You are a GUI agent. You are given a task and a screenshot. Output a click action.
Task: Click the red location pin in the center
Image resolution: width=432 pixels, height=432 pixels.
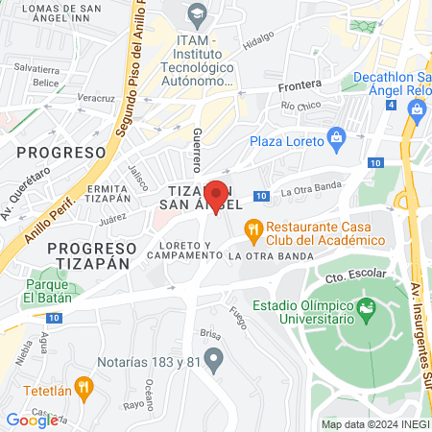click(x=217, y=198)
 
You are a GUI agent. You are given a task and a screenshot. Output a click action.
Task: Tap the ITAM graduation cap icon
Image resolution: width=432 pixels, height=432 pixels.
click(x=198, y=13)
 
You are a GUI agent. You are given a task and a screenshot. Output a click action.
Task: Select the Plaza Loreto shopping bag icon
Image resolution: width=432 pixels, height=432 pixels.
click(x=336, y=139)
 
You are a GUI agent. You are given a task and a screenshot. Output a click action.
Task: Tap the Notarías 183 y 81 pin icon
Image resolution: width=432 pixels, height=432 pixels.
click(x=215, y=360)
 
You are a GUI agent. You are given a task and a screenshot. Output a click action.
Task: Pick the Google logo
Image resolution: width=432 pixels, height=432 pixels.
click(x=32, y=420)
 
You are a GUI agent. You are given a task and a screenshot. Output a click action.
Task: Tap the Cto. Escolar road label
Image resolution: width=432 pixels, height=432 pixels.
click(x=348, y=277)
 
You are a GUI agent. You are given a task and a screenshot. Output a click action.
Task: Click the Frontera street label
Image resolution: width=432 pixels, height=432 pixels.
click(x=299, y=84)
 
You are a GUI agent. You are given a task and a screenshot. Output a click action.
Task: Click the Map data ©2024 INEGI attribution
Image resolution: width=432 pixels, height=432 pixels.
click(x=373, y=424)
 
